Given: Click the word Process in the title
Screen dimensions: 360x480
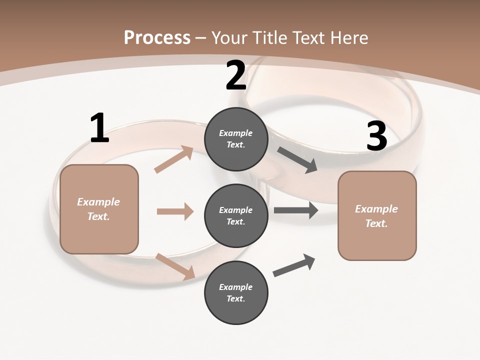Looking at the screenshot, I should tap(157, 37).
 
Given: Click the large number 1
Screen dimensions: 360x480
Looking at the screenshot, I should tap(99, 128).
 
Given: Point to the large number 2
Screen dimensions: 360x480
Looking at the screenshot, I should tap(236, 76).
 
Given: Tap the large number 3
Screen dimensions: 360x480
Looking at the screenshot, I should tap(376, 136).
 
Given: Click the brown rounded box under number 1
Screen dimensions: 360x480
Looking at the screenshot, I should tap(99, 209).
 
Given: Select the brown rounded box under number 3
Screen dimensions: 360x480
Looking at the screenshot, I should tap(377, 216).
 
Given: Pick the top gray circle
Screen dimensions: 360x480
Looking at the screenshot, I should tap(236, 139).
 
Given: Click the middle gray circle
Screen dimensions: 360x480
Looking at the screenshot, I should tap(236, 216).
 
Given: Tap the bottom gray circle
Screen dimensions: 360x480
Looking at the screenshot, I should tap(236, 293).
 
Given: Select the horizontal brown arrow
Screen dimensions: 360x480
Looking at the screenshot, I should tap(175, 211).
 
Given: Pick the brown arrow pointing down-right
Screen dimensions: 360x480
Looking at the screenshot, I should tap(175, 266).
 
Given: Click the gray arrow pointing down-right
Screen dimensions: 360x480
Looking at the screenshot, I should tap(297, 160).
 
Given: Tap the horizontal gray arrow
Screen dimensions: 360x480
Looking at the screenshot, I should tap(296, 210).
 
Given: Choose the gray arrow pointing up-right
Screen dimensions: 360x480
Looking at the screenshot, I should tap(294, 265).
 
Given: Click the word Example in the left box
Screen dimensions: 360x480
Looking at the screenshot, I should tap(98, 202).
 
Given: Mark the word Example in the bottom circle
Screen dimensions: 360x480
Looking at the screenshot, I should tap(235, 287).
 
